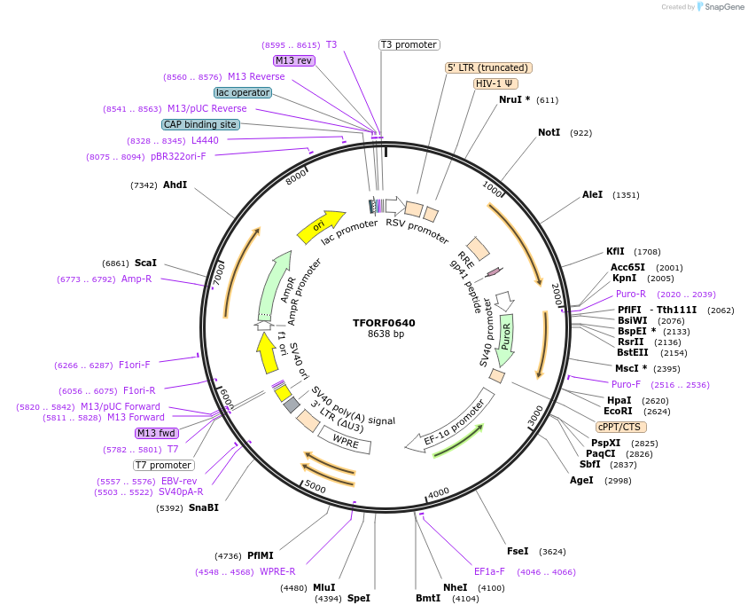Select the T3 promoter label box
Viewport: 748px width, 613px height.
pos(409,44)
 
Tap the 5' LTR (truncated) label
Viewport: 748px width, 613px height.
pos(487,67)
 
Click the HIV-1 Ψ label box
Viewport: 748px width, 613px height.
pos(495,83)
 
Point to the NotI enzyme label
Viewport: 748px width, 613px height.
pos(549,132)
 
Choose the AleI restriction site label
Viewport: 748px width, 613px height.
pos(592,194)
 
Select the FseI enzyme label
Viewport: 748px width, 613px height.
pos(518,551)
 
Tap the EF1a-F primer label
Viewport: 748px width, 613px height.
pos(489,572)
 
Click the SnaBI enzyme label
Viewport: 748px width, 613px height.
pos(203,507)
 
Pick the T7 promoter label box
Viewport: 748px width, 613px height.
pos(163,465)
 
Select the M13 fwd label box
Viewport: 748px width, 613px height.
pos(156,433)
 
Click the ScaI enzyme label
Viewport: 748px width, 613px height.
pos(145,263)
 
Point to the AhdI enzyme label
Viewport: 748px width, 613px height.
pos(175,185)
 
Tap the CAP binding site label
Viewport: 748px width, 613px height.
pos(199,124)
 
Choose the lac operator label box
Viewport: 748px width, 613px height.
pos(242,92)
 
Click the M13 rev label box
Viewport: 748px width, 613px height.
pos(293,60)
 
